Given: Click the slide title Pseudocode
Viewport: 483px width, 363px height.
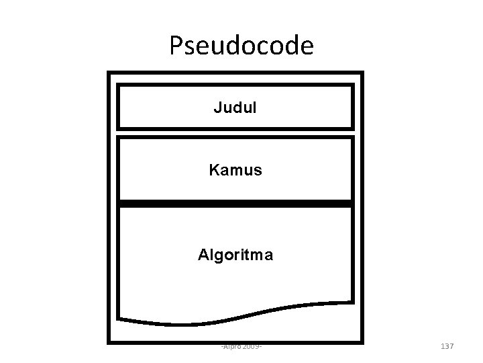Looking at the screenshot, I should (x=241, y=45).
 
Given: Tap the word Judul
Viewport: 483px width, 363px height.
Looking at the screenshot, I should (x=235, y=106).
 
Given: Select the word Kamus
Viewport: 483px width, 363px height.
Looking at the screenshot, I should (x=235, y=171).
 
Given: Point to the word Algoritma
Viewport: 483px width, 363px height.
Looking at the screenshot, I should (x=235, y=255).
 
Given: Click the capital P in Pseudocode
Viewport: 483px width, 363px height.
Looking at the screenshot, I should (x=176, y=45).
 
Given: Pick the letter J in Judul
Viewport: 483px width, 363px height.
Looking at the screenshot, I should (x=217, y=106).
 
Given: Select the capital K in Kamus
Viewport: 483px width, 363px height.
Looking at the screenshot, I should (x=214, y=171).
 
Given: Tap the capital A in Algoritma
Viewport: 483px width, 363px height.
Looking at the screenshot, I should (x=203, y=255).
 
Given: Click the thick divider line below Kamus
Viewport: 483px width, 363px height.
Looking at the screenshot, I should (x=235, y=203).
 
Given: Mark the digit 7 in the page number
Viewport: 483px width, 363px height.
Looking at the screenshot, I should (x=451, y=346).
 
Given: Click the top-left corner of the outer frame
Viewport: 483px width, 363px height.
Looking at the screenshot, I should (x=109, y=73).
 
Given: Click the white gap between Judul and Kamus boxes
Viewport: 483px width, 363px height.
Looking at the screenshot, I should (x=235, y=132).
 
